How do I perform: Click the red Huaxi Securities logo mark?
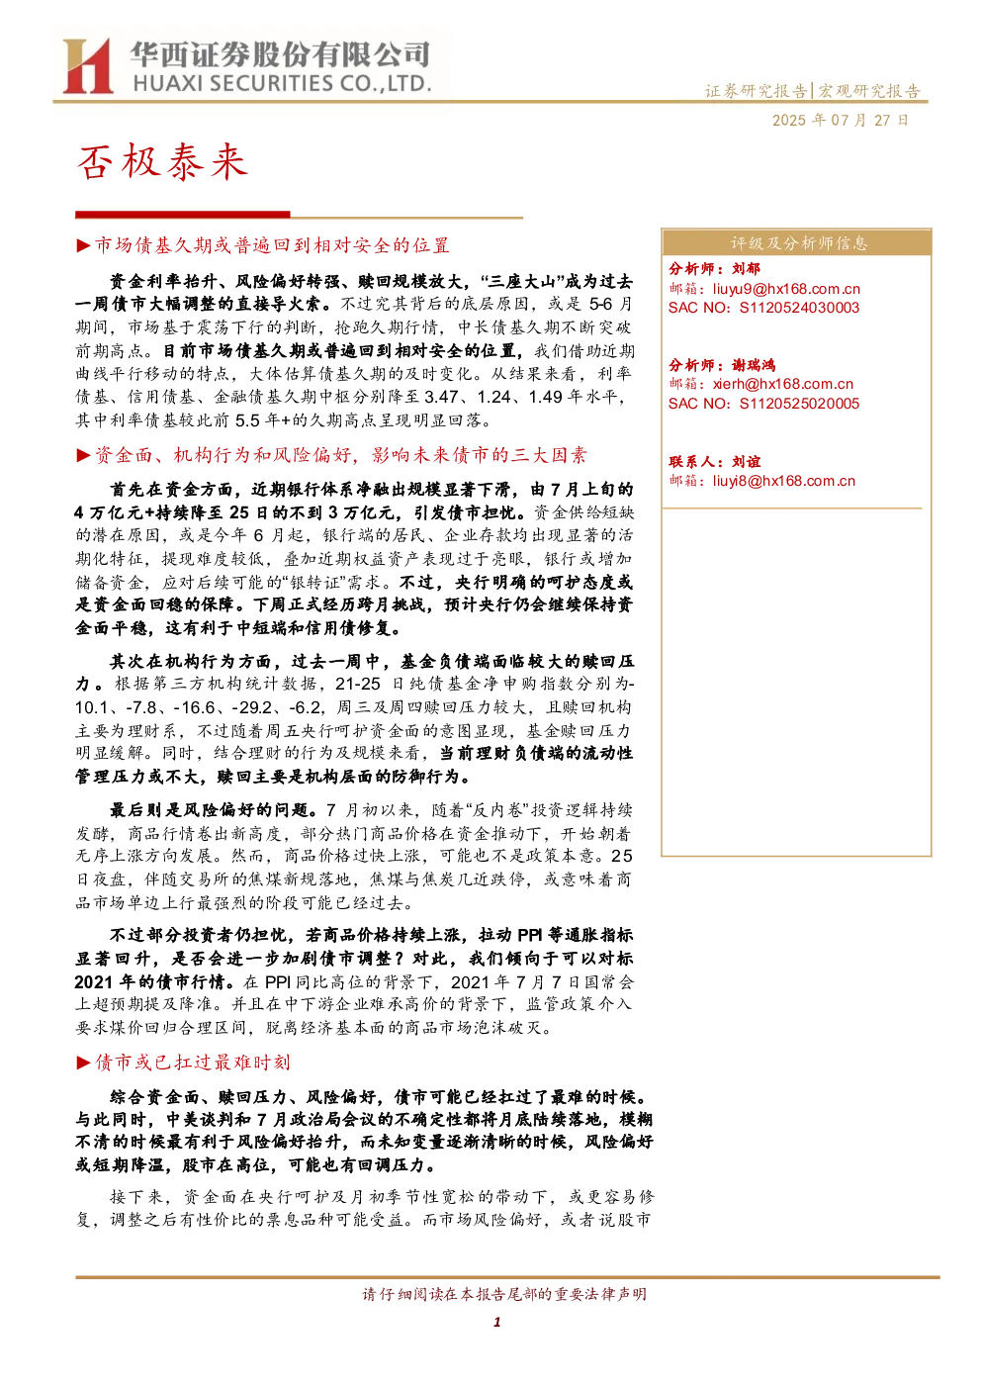pos(87,65)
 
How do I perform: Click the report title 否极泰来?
pos(162,162)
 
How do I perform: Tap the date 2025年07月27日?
pos(840,120)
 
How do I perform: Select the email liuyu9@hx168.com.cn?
pos(786,288)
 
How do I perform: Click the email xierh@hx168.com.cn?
pos(783,384)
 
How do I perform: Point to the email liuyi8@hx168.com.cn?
pos(783,481)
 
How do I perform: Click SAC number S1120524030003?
pos(799,308)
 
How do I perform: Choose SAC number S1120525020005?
pos(799,404)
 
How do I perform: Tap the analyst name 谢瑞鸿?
pos(754,365)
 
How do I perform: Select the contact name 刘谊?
pos(746,461)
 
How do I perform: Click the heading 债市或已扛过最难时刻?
pos(192,1063)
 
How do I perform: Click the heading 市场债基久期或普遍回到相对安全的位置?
pos(272,245)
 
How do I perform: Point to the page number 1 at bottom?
pos(496,1322)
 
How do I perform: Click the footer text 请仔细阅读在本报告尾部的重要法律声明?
pos(504,1293)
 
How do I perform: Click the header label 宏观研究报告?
pos(868,91)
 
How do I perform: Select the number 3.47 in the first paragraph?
pos(441,397)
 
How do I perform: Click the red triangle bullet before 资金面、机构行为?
pos(83,456)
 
